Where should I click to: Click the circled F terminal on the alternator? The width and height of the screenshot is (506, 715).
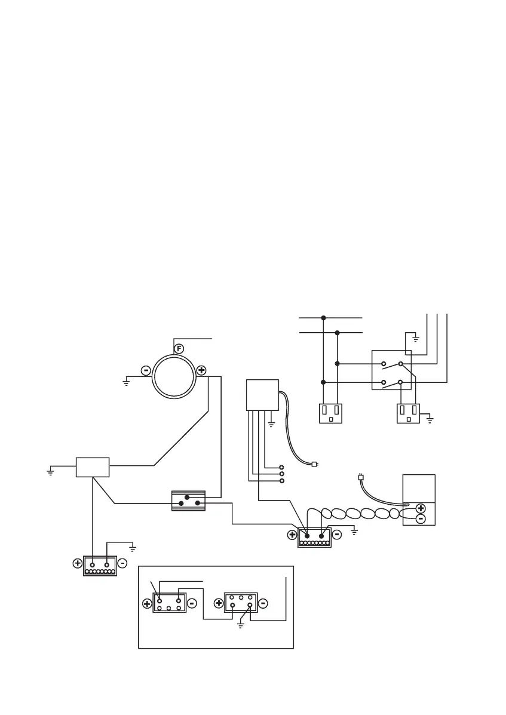178,348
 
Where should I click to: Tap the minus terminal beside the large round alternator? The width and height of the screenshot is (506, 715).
146,370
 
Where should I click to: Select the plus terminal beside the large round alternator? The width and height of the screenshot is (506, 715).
201,370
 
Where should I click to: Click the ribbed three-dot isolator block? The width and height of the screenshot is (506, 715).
188,501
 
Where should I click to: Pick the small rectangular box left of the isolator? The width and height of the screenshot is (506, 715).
93,467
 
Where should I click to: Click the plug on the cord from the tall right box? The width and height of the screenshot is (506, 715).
360,477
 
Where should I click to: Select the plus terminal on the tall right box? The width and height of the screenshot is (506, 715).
420,508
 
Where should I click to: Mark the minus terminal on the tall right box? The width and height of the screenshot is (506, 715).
420,518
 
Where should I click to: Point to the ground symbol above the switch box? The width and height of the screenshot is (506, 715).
416,339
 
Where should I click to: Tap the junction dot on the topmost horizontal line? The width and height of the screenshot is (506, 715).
323,318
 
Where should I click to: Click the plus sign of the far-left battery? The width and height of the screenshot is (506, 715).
77,563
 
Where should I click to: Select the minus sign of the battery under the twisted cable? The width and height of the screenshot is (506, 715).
336,535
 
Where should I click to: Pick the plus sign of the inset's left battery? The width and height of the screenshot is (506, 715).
147,604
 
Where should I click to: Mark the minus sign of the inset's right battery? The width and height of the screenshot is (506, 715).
264,603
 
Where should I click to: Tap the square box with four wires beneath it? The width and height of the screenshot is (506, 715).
262,394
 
